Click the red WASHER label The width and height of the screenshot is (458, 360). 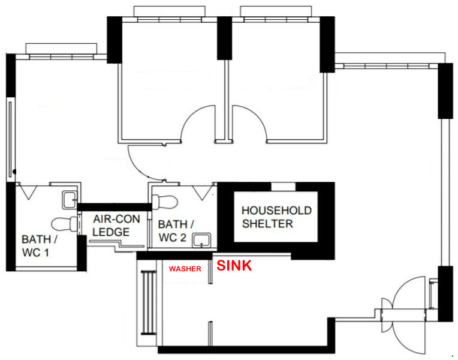point(185,269)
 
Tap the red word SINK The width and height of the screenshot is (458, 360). point(233,265)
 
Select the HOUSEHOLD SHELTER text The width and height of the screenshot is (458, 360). point(276,217)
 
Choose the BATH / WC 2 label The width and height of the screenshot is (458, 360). point(176,230)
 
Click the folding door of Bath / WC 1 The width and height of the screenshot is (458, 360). point(28,191)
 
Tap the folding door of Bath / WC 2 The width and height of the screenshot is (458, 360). point(204,191)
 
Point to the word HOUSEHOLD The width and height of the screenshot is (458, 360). point(276,211)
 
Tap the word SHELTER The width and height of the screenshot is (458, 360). point(267,224)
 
